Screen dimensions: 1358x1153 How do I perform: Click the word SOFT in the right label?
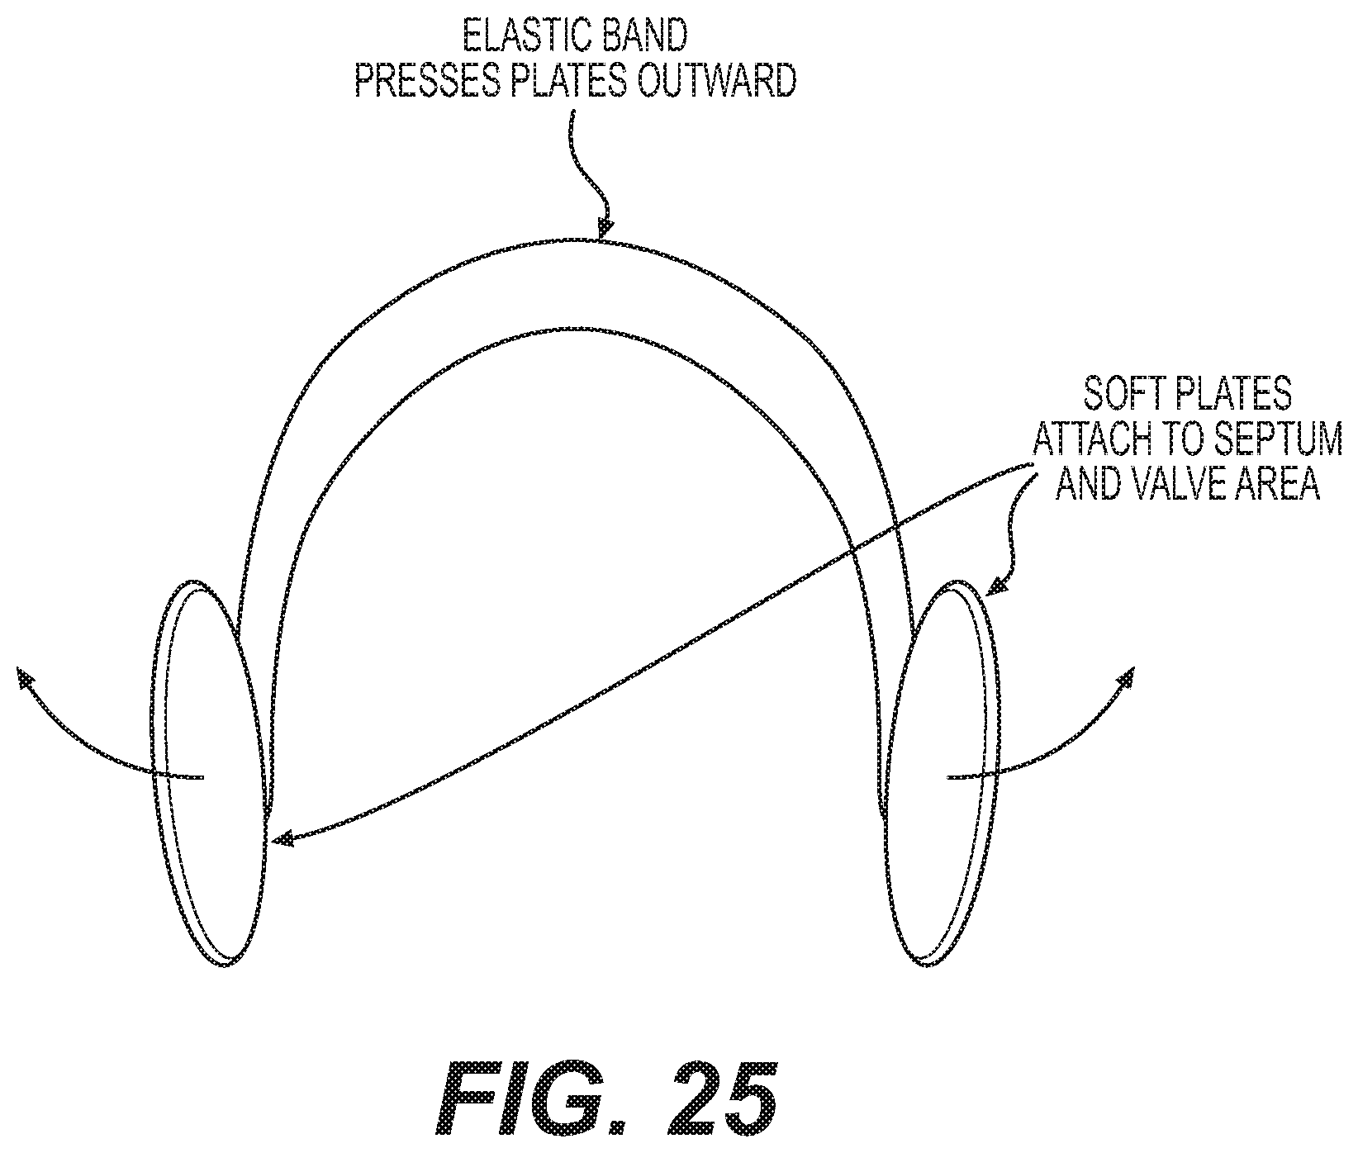click(1119, 396)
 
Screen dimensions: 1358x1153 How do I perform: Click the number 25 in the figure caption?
click(722, 1103)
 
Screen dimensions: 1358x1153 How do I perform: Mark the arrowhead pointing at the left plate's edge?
click(283, 839)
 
